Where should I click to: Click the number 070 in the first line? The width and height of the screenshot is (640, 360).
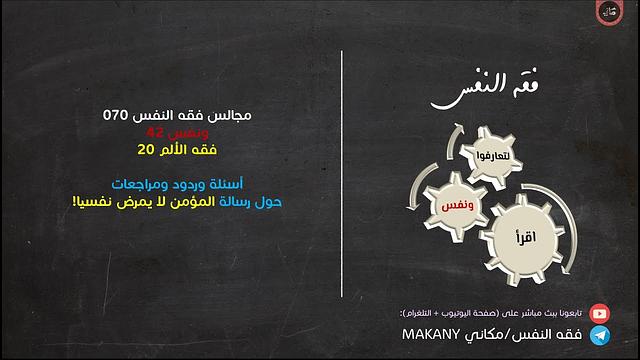coord(118,116)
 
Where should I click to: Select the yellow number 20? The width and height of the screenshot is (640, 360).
coord(145,150)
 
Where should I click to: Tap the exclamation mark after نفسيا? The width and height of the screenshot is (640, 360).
coord(46,201)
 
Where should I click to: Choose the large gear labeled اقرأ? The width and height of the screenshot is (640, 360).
coord(524,240)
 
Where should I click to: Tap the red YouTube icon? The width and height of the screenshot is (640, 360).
coord(600,313)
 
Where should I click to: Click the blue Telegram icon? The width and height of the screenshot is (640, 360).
coord(600,334)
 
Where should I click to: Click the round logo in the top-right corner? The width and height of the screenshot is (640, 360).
coord(610,14)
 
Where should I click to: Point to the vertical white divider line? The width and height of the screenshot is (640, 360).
coord(343,180)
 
